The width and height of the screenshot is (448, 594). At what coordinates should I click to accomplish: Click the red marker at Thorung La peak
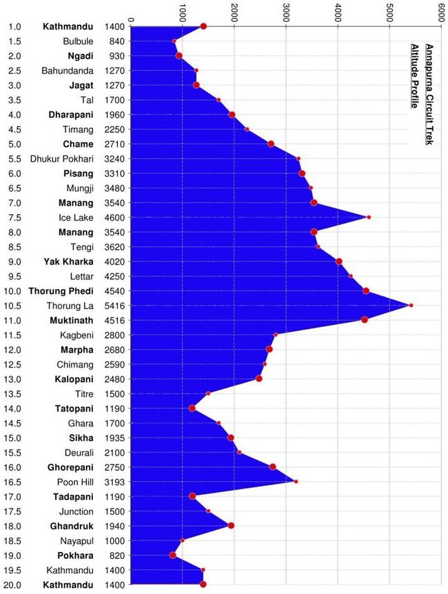pos(411,305)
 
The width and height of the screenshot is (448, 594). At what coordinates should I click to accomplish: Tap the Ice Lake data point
pos(369,218)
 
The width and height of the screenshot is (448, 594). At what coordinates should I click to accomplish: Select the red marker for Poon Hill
pos(296,482)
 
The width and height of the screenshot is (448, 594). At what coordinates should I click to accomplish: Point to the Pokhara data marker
pos(173,555)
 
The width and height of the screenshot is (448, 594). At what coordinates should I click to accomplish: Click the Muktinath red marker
pos(364,319)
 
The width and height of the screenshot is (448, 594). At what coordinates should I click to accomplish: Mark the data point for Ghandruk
pos(231,526)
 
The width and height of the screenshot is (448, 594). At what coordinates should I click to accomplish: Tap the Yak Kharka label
pos(68,262)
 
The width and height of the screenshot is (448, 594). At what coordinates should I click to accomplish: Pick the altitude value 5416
pos(114,306)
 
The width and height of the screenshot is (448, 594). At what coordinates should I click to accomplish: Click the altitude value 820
pos(114,555)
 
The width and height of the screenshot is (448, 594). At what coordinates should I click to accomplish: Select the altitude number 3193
pos(114,482)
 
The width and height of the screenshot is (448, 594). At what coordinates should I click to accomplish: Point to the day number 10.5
pos(14,306)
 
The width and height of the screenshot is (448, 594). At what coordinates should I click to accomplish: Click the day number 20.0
pos(14,585)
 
